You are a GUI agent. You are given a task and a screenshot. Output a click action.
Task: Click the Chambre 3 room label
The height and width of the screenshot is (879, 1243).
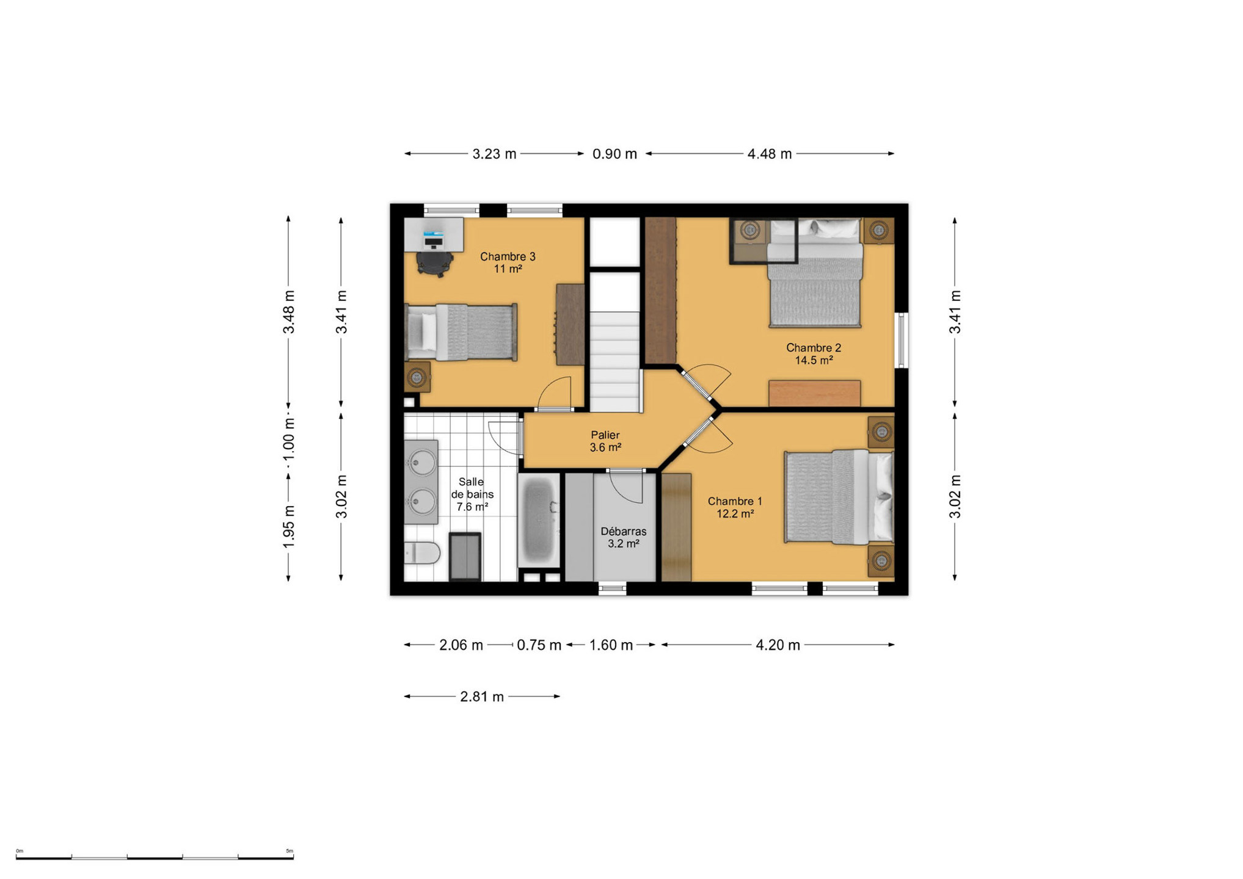tap(508, 256)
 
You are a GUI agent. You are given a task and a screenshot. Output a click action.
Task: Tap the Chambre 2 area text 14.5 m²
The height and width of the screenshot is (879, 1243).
tap(814, 360)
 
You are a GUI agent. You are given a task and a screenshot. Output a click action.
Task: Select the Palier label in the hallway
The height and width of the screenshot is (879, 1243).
tap(605, 435)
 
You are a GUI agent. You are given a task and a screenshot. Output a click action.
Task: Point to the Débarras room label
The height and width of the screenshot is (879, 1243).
tap(623, 531)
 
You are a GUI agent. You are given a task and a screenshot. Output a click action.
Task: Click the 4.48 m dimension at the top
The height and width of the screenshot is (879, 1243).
tap(770, 154)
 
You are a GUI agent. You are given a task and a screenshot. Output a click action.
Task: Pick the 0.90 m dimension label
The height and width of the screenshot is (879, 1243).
tap(614, 154)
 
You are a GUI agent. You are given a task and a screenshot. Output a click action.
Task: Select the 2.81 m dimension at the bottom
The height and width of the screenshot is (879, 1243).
tap(482, 696)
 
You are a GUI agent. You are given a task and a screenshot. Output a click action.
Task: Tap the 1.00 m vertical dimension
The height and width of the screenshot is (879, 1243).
tap(289, 440)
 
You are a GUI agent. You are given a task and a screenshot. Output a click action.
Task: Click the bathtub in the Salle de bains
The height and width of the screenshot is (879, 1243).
tap(538, 521)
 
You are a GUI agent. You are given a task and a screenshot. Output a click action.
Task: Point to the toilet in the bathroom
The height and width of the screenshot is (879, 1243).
tap(421, 554)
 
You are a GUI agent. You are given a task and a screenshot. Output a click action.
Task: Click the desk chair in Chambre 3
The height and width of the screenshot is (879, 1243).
tap(435, 263)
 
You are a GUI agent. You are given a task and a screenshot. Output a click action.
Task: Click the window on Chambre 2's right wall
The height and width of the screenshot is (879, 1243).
tap(902, 341)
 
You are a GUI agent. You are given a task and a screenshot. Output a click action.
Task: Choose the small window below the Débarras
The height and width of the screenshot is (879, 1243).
tap(612, 588)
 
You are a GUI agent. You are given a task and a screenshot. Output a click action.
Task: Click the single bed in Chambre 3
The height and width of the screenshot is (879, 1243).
tap(461, 332)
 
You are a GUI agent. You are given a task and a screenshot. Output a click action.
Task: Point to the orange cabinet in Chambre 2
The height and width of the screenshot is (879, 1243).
tap(814, 393)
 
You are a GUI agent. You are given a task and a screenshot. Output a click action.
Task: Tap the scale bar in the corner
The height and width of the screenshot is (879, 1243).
tap(155, 857)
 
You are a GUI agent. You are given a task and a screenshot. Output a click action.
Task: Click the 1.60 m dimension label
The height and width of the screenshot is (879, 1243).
tap(611, 645)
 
